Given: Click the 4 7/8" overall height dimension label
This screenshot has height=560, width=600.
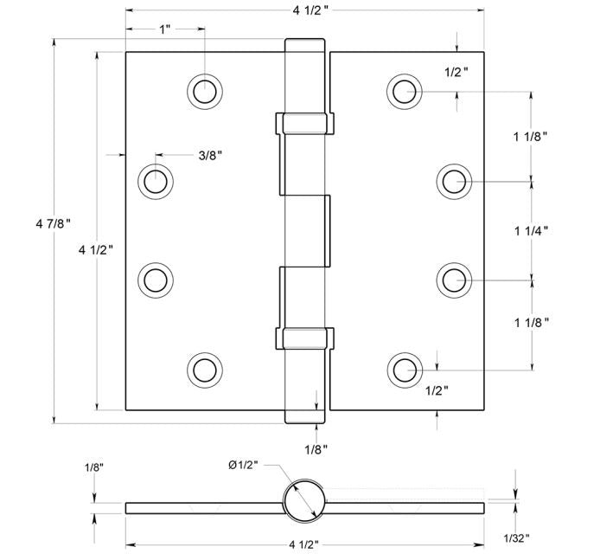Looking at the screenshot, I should point(51,224).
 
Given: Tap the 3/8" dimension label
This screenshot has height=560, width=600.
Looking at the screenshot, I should point(210,156).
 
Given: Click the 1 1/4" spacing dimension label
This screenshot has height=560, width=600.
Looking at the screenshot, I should point(531,230).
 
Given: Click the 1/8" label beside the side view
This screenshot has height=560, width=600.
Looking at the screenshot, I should point(94,467).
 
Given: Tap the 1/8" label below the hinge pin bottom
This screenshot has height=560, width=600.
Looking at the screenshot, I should point(316,448).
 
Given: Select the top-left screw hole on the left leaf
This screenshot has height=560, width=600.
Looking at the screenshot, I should point(205,90).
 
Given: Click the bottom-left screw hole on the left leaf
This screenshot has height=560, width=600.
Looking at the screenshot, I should point(205,370).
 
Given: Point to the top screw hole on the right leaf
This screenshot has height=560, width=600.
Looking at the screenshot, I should point(404,90).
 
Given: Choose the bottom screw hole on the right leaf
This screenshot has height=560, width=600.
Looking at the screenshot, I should point(404,370).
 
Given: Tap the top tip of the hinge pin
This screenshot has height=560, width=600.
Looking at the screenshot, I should point(304,42).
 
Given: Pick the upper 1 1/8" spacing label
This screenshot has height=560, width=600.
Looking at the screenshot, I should point(531,136).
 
